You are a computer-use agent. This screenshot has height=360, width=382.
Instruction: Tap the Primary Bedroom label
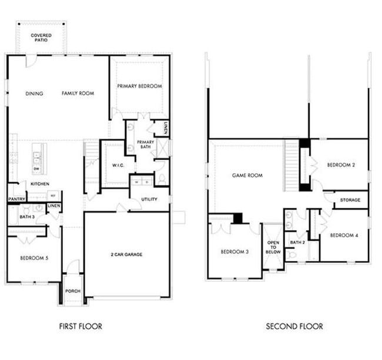139,86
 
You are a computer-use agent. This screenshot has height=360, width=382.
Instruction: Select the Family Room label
78,93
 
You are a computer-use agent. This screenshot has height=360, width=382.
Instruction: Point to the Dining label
35,93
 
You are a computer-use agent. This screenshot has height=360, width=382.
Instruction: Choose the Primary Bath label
145,144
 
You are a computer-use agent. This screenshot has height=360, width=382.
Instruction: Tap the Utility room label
149,199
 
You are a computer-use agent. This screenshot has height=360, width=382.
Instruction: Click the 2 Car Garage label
126,254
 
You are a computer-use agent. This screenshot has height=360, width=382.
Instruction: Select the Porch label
73,291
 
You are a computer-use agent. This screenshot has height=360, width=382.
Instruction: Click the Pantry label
15,199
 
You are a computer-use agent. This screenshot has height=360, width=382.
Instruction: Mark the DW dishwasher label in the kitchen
36,169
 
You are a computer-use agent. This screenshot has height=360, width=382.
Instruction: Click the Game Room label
247,175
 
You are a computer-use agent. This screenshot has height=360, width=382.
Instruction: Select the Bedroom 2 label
341,165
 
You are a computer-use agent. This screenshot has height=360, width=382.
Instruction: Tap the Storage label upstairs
351,200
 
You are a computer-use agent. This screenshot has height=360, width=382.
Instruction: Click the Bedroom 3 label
235,252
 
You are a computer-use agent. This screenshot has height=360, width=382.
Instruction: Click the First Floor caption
82,327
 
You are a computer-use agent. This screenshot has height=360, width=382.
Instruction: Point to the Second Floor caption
294,327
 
